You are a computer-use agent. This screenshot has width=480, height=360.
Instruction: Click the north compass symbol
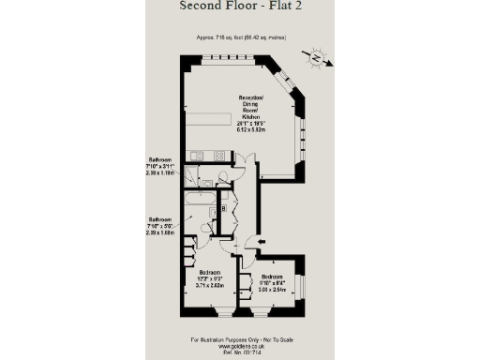pos(319,59)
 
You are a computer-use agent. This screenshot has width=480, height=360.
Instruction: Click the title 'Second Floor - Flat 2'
pos(240,7)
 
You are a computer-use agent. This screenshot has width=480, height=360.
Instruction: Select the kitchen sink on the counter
pos(198,156)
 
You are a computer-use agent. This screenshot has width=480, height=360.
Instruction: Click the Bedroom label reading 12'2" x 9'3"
pos(207,277)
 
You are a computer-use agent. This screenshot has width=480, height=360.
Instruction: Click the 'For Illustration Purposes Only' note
pos(239,338)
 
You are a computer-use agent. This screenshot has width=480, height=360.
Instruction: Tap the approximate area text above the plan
pos(240,37)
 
